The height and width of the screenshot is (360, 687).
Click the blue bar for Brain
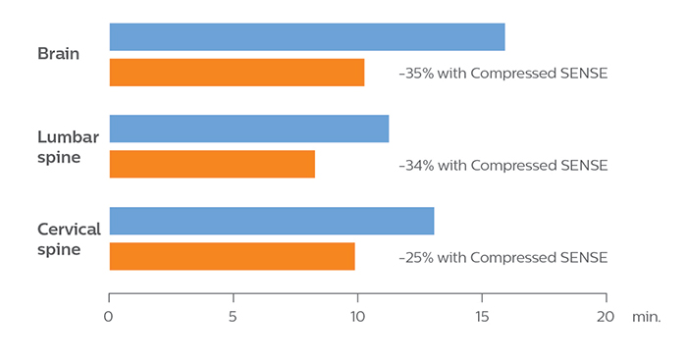[306, 37]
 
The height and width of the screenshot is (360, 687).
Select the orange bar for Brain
[237, 73]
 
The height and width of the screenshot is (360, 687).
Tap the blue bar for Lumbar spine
[248, 129]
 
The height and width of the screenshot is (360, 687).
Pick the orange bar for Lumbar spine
[212, 164]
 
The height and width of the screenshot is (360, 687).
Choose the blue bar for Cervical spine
[271, 221]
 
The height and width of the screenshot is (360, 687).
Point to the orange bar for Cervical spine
[232, 256]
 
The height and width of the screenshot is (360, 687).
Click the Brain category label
[59, 53]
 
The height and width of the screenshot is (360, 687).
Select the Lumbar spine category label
[68, 146]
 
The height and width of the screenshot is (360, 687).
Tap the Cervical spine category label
[69, 238]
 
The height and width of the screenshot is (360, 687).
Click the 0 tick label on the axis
[109, 317]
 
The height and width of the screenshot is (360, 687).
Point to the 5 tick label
[233, 317]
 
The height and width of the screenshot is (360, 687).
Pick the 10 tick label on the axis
[357, 317]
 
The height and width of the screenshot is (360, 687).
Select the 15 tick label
[482, 317]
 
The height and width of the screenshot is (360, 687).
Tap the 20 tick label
[606, 317]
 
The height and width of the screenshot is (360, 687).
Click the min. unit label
[647, 317]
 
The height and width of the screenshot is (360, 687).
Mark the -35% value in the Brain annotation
[415, 74]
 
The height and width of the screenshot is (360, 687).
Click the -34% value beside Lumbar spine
[416, 166]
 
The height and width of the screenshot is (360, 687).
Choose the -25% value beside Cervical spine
[416, 258]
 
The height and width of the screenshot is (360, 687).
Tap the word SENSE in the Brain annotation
[582, 74]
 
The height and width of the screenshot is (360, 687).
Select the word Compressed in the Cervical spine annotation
[512, 258]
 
